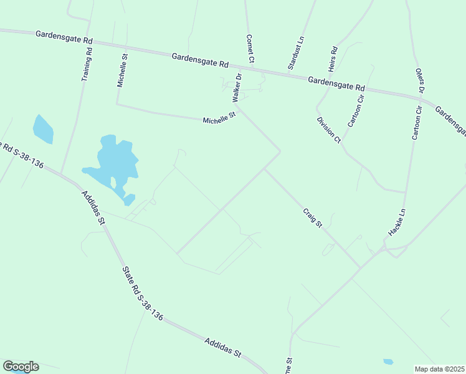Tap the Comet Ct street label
point(250,49)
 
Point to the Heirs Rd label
point(333,58)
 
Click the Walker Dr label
point(237,88)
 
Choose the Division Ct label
point(328,130)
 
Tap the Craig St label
point(313,217)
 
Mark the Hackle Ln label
point(397,222)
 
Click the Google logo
point(21,367)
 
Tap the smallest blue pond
point(388,362)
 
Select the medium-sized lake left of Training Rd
point(43,128)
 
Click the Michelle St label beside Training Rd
point(122,69)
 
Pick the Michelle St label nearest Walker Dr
point(220,117)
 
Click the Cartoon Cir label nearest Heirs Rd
point(355,108)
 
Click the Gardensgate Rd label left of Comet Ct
point(201,60)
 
